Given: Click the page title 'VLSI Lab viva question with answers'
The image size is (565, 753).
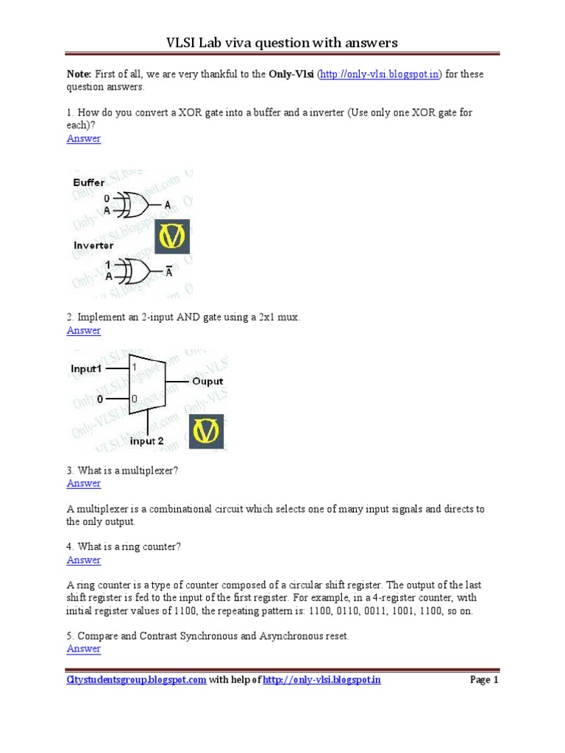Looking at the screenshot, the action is tap(282, 43).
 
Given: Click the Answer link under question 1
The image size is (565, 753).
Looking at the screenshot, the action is tap(84, 138).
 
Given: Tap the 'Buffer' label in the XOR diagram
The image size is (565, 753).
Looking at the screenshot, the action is tap(88, 182).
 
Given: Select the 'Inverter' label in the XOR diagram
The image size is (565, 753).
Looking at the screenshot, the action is tap(93, 245).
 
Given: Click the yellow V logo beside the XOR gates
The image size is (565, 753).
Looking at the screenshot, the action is tap(172, 236).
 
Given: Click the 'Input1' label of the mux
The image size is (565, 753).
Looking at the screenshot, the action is tap(86, 368).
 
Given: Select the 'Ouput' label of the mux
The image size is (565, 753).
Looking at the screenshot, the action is tap(207, 382).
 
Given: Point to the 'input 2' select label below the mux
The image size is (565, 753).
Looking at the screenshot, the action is tap(147, 441).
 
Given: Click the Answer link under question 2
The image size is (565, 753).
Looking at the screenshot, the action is tap(84, 330).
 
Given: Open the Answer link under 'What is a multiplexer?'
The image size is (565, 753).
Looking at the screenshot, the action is tap(84, 483).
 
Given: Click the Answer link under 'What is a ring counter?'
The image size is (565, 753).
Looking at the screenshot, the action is tap(84, 560).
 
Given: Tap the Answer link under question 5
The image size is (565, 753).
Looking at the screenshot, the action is tap(84, 649).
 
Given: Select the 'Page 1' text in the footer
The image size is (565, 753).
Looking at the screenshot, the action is tap(484, 680).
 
